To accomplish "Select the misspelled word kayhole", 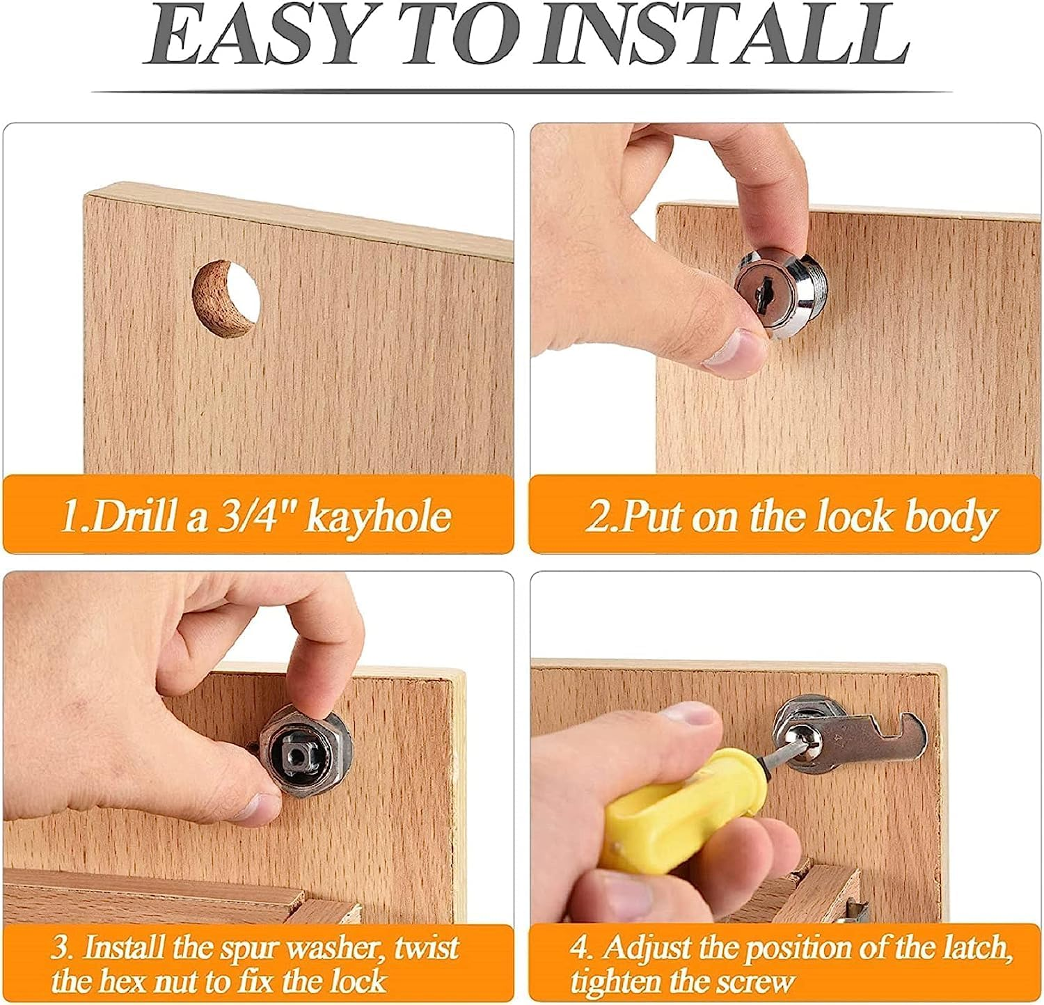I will tap(379, 516).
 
